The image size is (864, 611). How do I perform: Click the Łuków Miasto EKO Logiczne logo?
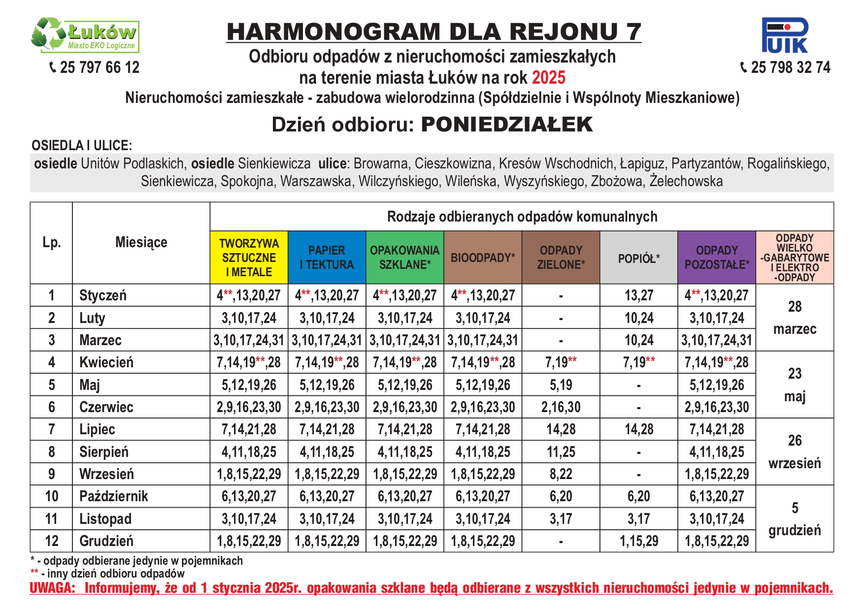85,35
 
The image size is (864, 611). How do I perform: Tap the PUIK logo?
785,35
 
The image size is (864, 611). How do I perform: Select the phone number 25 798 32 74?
790,67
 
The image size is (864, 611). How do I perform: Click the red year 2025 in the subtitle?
549,78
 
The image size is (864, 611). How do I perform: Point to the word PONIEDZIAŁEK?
507,125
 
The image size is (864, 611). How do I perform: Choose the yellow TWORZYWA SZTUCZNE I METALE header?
249,257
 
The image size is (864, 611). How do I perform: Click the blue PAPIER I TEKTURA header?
327,257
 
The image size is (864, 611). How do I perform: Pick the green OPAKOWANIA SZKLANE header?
404,257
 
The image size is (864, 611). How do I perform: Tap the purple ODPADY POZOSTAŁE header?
717,257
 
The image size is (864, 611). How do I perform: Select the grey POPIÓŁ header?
639,258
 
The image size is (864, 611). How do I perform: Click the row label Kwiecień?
106,362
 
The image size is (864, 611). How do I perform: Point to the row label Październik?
113,496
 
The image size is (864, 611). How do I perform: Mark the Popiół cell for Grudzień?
639,541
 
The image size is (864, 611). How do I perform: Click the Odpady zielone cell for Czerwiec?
561,407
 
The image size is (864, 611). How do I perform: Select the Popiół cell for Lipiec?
639,429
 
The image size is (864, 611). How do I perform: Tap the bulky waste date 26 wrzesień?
795,452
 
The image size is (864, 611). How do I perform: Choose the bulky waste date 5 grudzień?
795,519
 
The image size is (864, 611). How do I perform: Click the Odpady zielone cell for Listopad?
561,519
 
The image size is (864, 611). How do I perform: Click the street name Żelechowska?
686,181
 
